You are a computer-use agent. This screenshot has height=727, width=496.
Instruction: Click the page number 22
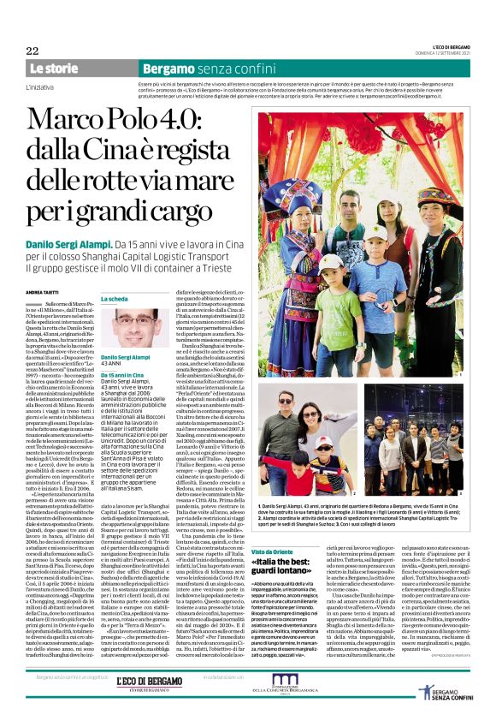[32, 51]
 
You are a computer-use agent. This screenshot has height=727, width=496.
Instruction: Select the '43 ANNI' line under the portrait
[112, 363]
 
